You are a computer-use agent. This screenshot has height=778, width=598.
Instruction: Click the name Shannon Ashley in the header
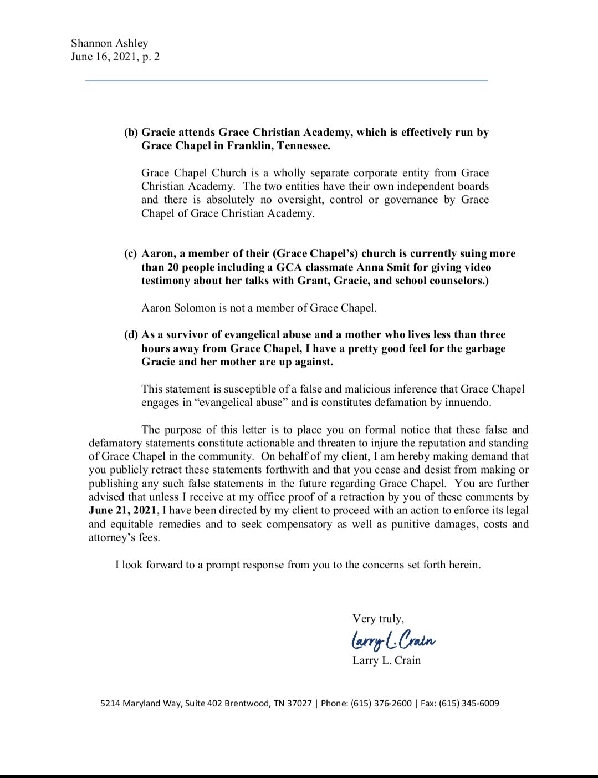pyautogui.click(x=109, y=43)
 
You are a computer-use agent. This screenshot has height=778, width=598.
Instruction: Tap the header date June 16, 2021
pyautogui.click(x=104, y=57)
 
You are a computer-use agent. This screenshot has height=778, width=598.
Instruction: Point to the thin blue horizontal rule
pyautogui.click(x=286, y=80)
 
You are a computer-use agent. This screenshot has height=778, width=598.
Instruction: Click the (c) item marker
pyautogui.click(x=130, y=253)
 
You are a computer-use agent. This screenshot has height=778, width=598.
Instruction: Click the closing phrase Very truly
pyautogui.click(x=378, y=618)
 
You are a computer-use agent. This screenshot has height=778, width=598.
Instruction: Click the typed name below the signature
pyautogui.click(x=386, y=660)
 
